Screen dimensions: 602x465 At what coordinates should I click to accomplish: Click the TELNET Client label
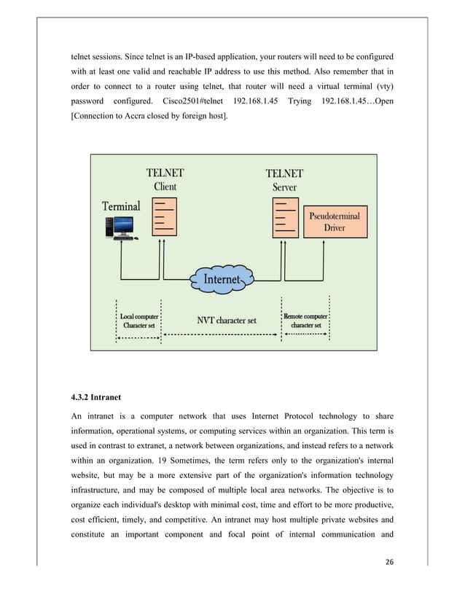pos(165,179)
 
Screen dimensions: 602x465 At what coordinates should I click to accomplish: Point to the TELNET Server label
pos(284,180)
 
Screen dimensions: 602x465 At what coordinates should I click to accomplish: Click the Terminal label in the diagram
pos(121,206)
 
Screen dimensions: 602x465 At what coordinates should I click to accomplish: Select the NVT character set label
pos(227,320)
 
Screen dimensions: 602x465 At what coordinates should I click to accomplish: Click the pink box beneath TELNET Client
pos(165,216)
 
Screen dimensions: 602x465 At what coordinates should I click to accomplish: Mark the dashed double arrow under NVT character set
pos(222,335)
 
